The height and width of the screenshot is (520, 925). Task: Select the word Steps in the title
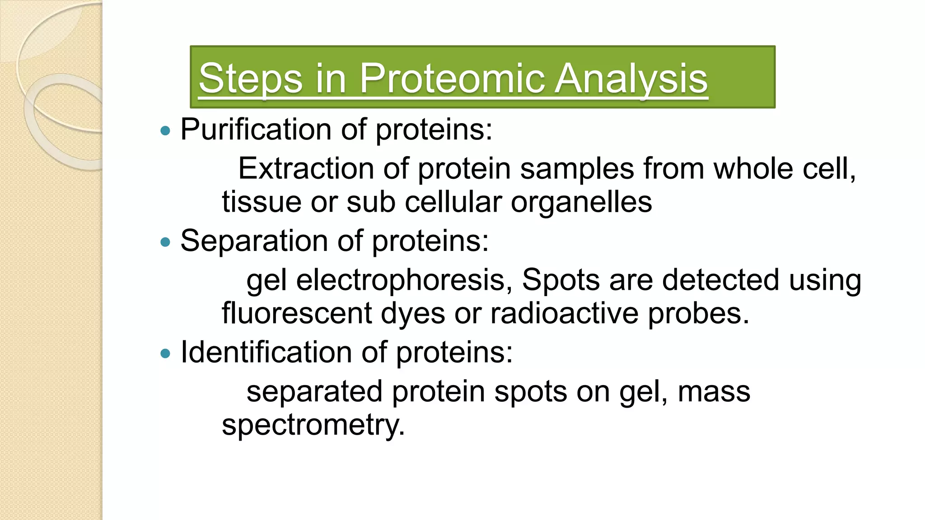click(250, 79)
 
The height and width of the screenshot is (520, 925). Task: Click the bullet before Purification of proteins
click(165, 131)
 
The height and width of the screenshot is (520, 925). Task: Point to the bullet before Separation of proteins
click(165, 243)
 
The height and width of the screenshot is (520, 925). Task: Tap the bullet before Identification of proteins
click(165, 354)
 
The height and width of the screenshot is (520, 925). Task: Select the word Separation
click(254, 241)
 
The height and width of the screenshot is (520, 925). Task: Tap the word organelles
click(581, 202)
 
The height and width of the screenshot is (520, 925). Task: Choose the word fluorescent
click(297, 313)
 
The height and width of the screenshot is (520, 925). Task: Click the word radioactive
click(565, 313)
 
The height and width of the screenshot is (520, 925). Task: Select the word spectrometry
click(313, 425)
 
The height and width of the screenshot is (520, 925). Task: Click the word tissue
click(262, 202)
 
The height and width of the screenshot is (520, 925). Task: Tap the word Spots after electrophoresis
click(560, 280)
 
